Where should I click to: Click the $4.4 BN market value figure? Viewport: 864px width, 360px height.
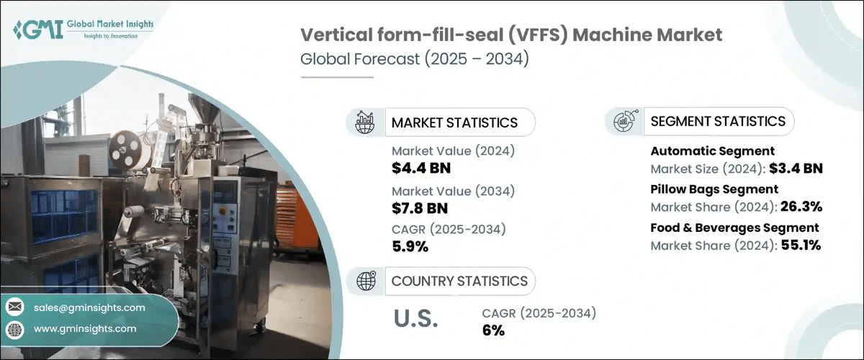point(420,169)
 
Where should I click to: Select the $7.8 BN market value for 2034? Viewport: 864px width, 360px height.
point(420,209)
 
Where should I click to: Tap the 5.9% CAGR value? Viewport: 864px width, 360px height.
point(410,247)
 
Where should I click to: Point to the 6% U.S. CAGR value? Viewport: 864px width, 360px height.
point(493,330)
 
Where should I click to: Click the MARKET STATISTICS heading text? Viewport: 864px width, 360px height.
point(454,122)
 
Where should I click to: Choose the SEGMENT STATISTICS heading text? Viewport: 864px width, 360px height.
point(718,121)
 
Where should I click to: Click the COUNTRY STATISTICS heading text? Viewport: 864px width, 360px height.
point(459,281)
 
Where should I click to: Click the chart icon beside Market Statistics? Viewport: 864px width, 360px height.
point(366,122)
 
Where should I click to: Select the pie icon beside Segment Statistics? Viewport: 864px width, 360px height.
point(624,121)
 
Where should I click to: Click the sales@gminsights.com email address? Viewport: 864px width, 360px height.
point(89,307)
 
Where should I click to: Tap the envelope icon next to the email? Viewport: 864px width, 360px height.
point(14,307)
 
